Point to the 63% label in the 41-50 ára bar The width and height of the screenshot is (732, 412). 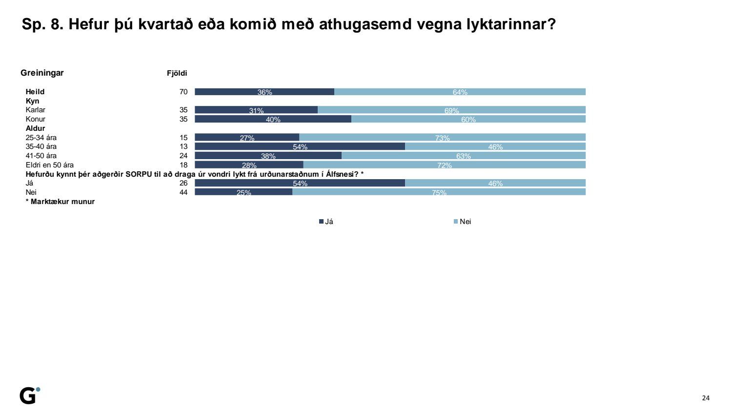point(463,156)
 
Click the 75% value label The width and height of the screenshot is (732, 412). point(439,193)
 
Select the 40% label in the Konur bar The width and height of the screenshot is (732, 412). point(273,120)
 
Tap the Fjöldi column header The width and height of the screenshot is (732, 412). point(177,73)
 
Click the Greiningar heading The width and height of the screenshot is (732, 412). point(42,73)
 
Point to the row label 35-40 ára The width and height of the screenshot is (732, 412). point(41,146)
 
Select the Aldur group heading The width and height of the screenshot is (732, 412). point(35,128)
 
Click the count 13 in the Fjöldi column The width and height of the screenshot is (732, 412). point(183,146)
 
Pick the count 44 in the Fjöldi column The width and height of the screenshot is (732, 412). point(183,192)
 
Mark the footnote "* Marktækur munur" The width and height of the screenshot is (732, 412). point(60,202)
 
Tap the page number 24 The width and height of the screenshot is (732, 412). point(706,398)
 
